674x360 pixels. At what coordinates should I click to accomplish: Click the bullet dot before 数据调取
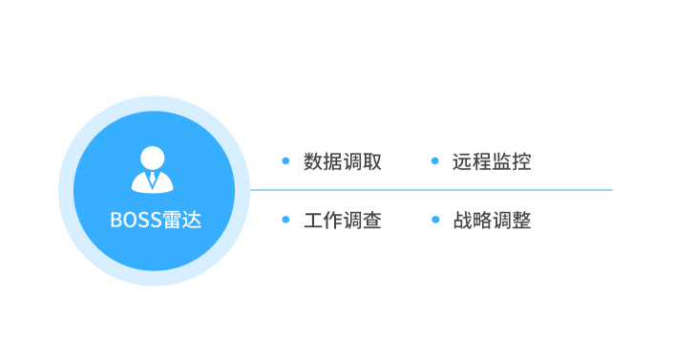[285, 160]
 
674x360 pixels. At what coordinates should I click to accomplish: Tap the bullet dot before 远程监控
[434, 160]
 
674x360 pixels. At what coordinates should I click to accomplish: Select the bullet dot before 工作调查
[285, 220]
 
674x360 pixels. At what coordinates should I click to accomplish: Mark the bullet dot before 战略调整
[434, 220]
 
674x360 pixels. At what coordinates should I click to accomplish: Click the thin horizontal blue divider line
[430, 190]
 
